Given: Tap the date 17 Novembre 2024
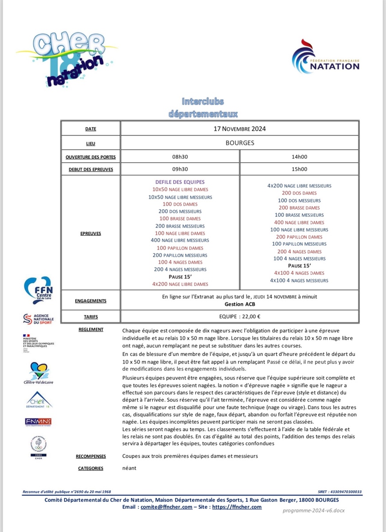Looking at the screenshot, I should [239, 129].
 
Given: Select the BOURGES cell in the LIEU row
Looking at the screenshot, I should [239, 143].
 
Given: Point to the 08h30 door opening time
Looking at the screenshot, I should [180, 156].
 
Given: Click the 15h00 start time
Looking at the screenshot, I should [299, 169].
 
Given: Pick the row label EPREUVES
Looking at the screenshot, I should [90, 233].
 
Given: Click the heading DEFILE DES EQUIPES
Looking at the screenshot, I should [180, 182].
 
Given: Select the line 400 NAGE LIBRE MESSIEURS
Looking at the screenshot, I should [180, 240].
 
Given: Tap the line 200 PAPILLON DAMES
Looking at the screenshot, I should [299, 237].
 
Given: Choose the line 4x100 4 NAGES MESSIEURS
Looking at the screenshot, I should [299, 280].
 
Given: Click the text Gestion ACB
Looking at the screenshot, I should [239, 304].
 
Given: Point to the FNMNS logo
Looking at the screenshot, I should [38, 421].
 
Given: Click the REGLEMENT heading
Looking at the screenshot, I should [90, 329].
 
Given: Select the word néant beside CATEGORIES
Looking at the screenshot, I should [130, 468].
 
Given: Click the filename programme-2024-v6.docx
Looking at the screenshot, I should [313, 510].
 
